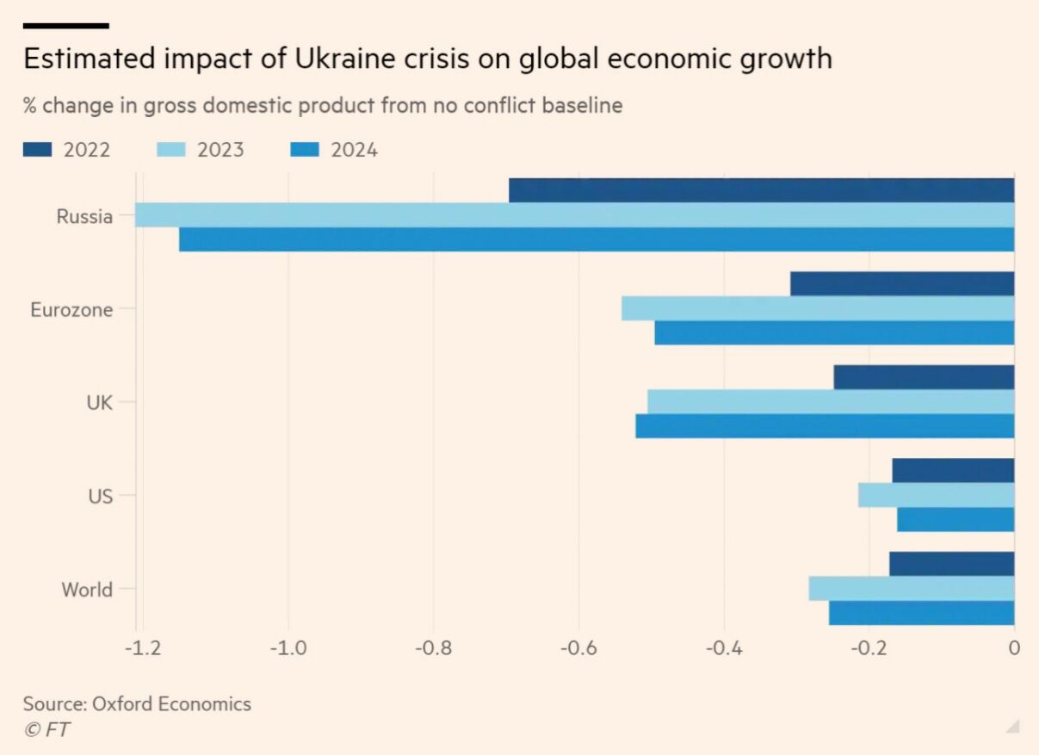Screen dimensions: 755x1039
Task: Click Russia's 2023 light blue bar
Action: [575, 215]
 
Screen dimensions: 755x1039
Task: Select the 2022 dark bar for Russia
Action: [761, 190]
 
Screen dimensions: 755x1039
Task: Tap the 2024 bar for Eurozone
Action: [834, 333]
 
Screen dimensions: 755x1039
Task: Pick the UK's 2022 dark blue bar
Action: [924, 377]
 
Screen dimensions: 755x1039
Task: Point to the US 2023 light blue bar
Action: [936, 495]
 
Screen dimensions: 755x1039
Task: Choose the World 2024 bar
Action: [921, 613]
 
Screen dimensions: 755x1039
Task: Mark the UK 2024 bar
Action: [825, 426]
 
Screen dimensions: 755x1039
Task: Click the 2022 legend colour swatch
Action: [39, 151]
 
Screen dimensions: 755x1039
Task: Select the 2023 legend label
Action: [220, 151]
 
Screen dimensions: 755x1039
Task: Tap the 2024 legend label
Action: [354, 151]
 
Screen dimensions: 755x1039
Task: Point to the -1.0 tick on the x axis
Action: [288, 647]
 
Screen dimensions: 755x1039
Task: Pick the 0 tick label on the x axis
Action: [1014, 647]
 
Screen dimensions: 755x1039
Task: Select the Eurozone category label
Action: [71, 309]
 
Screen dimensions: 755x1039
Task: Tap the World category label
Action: [87, 590]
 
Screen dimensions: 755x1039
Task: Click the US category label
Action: [100, 496]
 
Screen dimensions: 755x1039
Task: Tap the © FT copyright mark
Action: [46, 729]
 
